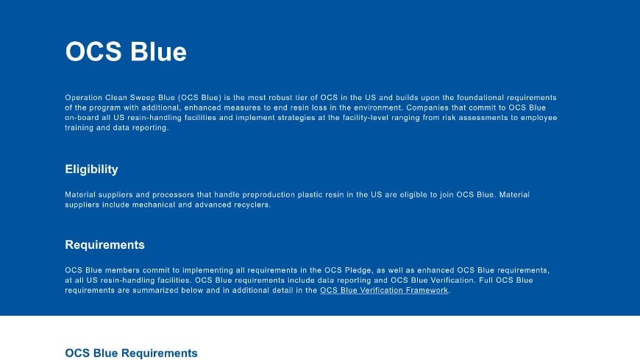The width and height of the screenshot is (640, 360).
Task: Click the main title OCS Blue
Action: [x=126, y=52]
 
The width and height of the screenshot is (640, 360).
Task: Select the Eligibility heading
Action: [x=91, y=170]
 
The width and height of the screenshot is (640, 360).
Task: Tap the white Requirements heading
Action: [x=104, y=245]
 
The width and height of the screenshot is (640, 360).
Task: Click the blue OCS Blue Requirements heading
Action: [x=131, y=353]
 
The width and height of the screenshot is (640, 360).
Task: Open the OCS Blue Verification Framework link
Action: [x=384, y=291]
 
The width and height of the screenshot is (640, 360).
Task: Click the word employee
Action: [x=537, y=118]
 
